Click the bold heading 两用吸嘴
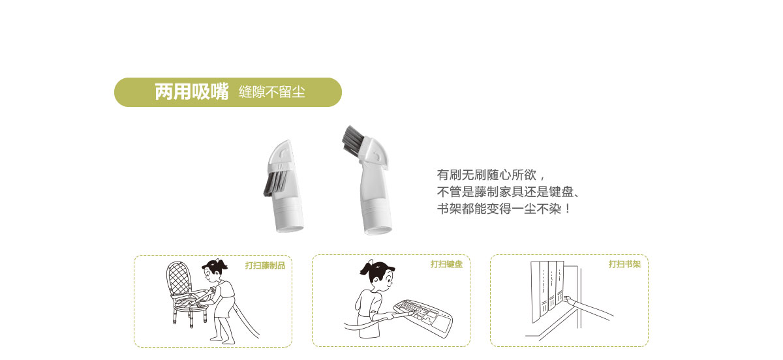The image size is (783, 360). coord(192,92)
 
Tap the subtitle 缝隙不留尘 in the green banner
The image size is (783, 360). coord(272,92)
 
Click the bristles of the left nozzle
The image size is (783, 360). coord(275,183)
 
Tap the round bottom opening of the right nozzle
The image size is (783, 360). coord(378,231)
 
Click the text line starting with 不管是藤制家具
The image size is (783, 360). coord(508,192)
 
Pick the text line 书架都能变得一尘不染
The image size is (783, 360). coord(504,209)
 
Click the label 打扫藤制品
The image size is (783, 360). coord(265,265)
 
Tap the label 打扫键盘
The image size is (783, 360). coord(446,264)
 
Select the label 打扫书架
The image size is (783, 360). coord(624,264)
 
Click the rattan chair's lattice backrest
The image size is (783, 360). coord(179,279)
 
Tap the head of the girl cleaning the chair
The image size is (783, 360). coord(215,271)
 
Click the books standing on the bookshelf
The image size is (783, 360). coord(547,291)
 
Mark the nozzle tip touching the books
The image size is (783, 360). coord(567,299)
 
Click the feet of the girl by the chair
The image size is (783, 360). coord(223,340)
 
